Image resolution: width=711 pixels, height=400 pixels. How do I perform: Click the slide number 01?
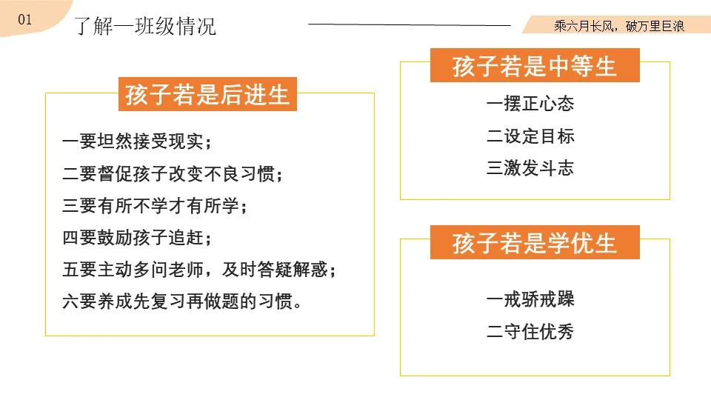pos(24,20)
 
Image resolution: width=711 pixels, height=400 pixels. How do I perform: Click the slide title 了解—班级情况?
pos(145,26)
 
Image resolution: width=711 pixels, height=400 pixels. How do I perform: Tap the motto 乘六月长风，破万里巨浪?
pos(618,26)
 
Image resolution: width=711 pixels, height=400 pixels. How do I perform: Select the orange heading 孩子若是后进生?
pos(207,95)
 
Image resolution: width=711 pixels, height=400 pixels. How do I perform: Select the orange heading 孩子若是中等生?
pos(535,66)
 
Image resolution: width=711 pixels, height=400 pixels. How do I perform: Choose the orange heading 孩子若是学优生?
pos(535,243)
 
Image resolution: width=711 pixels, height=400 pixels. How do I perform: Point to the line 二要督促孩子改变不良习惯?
pos(173,174)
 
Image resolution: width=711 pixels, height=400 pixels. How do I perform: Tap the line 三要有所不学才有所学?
pos(155,206)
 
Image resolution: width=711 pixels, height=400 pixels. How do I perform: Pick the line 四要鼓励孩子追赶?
pos(138,239)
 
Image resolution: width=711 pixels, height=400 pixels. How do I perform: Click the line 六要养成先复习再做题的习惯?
pos(182,302)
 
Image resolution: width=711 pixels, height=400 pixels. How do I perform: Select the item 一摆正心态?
pos(530,104)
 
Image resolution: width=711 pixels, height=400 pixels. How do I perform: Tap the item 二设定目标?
pos(530,136)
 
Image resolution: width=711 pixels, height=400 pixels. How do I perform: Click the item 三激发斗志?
pos(530,168)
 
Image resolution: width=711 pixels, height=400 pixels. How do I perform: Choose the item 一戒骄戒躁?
pos(530,299)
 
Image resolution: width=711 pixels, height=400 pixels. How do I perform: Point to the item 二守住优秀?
pos(530,331)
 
